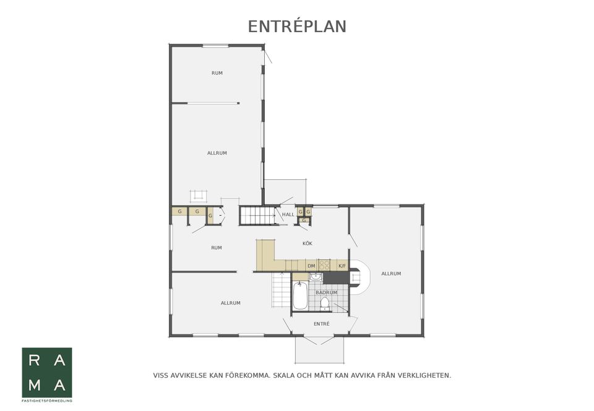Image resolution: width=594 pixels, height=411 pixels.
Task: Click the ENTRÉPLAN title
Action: (x=297, y=27)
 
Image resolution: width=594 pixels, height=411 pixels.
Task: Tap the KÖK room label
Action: (x=308, y=244)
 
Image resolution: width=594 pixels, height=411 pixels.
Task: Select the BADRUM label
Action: (x=326, y=292)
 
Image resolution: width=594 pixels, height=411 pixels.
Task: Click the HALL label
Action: (x=288, y=214)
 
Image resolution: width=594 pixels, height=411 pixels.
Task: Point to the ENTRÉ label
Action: (x=322, y=324)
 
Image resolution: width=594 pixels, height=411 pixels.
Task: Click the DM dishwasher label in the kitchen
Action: (x=311, y=266)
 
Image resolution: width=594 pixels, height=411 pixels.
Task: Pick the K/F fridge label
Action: (x=342, y=266)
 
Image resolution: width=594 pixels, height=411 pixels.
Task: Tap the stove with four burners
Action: (x=324, y=265)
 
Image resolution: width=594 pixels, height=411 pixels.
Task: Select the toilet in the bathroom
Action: (x=325, y=303)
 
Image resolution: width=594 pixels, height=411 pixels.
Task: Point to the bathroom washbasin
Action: (x=316, y=277)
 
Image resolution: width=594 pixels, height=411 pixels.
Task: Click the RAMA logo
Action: (x=47, y=373)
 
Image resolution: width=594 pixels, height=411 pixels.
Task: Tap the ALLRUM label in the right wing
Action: (x=391, y=274)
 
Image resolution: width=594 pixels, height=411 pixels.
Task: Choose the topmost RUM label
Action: (x=217, y=73)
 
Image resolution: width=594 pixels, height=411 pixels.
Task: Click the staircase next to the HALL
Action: (x=257, y=215)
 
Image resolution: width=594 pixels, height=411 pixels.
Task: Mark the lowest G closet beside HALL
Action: (x=304, y=220)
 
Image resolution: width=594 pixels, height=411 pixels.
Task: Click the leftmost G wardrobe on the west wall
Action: (x=179, y=211)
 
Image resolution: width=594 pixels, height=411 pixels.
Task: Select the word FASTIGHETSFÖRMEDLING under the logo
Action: (x=47, y=400)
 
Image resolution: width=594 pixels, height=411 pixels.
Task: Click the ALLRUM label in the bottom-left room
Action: (x=231, y=303)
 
